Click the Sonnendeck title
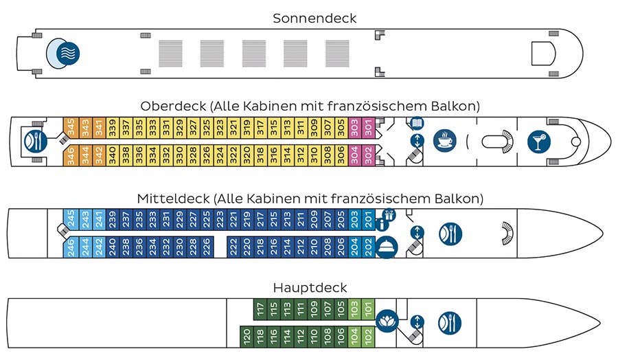[x=314, y=19]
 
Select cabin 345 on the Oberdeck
[x=69, y=127]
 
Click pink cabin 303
[x=355, y=127]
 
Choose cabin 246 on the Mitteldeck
[x=69, y=246]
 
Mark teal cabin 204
[x=355, y=246]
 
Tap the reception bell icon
[x=387, y=246]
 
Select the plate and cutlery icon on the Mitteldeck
[x=450, y=232]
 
